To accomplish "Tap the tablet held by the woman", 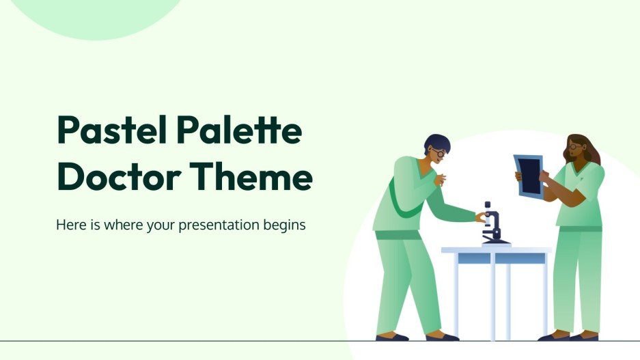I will pos(528,176).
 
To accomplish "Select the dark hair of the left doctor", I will pos(435,141).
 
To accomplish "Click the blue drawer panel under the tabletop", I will pos(495,258).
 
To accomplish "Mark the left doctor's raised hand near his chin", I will pos(441,179).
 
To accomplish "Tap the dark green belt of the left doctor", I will pos(398,234).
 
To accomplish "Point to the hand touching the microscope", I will pos(482,217).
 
